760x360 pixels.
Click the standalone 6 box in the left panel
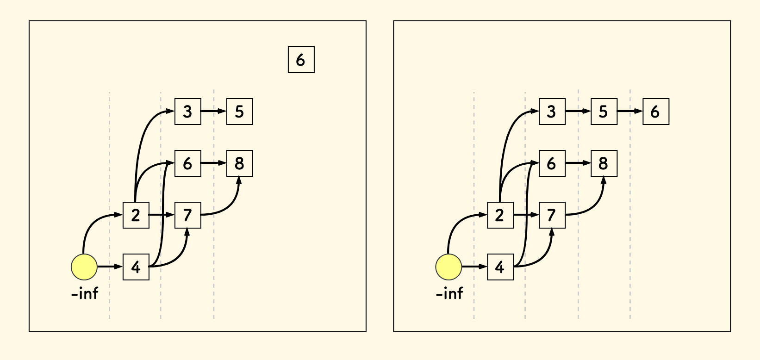coord(301,60)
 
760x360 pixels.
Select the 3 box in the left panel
coord(187,112)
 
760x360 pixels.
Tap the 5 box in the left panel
coord(239,112)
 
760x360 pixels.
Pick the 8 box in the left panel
coord(239,163)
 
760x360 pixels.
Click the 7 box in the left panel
coord(187,215)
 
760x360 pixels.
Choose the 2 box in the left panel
coord(136,215)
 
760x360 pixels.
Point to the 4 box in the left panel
coord(136,267)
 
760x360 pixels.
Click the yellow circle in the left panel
coord(84,267)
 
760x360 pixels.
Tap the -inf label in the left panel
coord(85,293)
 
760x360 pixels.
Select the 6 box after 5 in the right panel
coord(655,112)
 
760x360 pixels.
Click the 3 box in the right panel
coord(552,112)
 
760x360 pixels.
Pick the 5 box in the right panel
coord(604,112)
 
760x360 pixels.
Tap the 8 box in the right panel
coord(604,163)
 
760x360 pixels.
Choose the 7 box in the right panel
coord(552,215)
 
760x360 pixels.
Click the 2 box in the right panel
coord(500,215)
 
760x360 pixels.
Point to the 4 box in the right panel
coord(500,267)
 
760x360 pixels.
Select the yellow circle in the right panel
coord(449,267)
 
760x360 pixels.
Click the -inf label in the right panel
coord(449,293)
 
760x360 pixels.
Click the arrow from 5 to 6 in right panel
coord(629,112)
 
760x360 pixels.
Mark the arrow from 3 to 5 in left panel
coord(213,112)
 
